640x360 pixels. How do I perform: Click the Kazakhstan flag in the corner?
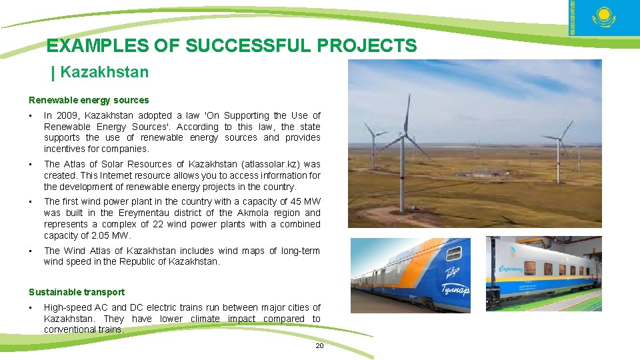604,18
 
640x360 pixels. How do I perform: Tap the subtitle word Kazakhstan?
104,72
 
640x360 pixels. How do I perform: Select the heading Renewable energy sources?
89,100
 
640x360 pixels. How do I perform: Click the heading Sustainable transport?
77,292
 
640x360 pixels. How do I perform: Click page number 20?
319,345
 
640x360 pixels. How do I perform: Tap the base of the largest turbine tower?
402,210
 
